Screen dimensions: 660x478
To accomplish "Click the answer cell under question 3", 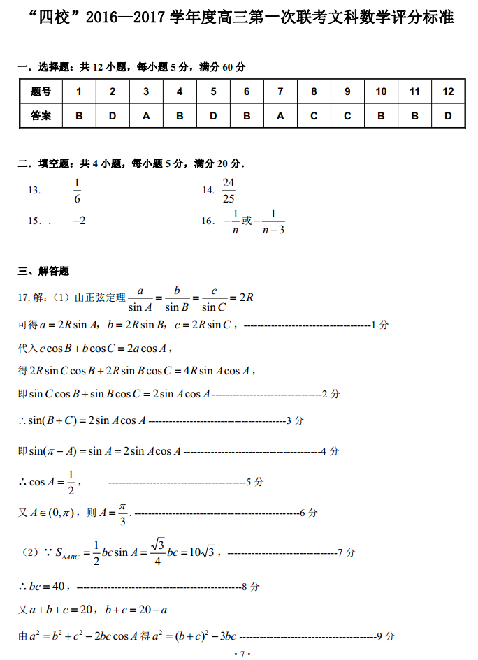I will click(x=146, y=116).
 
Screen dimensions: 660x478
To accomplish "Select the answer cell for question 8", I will click(x=314, y=116).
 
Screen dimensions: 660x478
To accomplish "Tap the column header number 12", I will click(x=448, y=91).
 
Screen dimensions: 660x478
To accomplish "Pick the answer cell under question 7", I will click(x=280, y=116).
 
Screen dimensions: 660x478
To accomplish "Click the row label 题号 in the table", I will click(x=41, y=91).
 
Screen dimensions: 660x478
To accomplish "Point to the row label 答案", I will click(x=41, y=116).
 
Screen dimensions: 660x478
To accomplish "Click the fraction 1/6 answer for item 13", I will click(x=77, y=190).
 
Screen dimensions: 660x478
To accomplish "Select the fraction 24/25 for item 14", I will click(x=228, y=190).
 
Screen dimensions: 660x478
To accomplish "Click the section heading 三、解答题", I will click(x=43, y=271).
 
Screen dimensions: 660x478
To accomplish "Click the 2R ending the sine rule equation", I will click(x=245, y=297).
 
